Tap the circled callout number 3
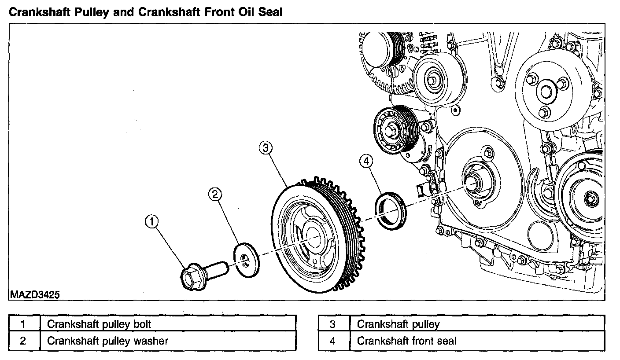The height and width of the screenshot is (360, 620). pyautogui.click(x=264, y=148)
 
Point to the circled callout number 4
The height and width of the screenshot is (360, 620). pyautogui.click(x=366, y=162)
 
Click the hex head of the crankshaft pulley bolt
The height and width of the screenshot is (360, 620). pyautogui.click(x=192, y=276)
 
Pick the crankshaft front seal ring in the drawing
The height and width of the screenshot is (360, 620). pyautogui.click(x=391, y=211)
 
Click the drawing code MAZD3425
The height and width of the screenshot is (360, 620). pyautogui.click(x=33, y=294)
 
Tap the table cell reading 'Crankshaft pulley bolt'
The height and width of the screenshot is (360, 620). pyautogui.click(x=167, y=324)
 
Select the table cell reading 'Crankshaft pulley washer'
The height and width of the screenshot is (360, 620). pyautogui.click(x=167, y=341)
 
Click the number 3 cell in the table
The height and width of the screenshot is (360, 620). pyautogui.click(x=333, y=324)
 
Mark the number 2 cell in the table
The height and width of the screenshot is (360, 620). pyautogui.click(x=24, y=341)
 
